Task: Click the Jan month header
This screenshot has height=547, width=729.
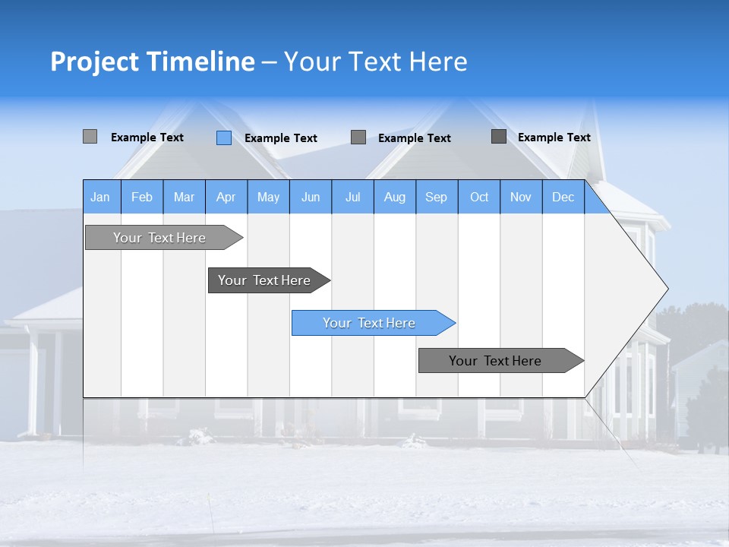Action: (101, 197)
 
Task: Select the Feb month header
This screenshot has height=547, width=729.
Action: (142, 197)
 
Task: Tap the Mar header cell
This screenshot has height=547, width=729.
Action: (184, 197)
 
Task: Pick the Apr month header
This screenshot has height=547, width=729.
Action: (226, 197)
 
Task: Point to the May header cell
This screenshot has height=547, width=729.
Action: (268, 197)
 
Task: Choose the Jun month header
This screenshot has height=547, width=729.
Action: (311, 197)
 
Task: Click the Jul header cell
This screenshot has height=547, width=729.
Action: (352, 197)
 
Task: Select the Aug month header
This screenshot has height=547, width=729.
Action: (395, 197)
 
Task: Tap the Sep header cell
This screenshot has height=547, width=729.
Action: (437, 197)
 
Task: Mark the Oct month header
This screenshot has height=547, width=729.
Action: (479, 197)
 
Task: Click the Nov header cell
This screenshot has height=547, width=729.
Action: (521, 197)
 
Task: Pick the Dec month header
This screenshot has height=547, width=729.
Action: (563, 197)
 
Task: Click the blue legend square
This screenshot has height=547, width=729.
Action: (224, 138)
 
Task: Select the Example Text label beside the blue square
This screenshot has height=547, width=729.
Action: (281, 138)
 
